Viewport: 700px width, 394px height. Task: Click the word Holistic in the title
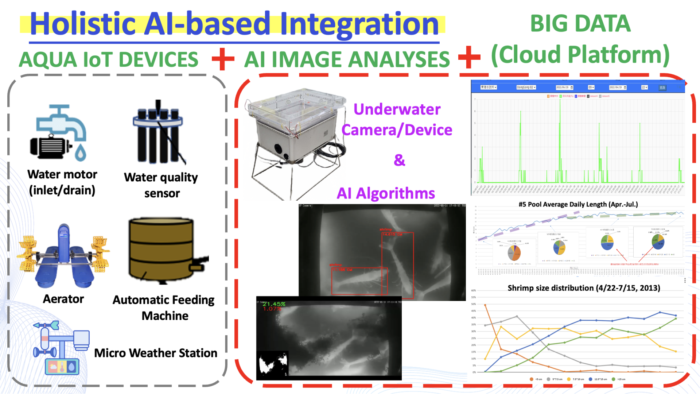pyautogui.click(x=83, y=24)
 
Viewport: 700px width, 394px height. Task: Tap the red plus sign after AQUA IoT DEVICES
pyautogui.click(x=223, y=59)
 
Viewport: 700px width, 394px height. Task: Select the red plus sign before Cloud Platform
pyautogui.click(x=469, y=57)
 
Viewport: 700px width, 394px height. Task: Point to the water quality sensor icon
pyautogui.click(x=159, y=133)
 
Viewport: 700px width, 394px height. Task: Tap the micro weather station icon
pyautogui.click(x=61, y=348)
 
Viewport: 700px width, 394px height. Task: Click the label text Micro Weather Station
pyautogui.click(x=156, y=353)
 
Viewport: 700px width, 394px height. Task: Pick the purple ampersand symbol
pyautogui.click(x=399, y=160)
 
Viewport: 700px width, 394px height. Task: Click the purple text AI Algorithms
pyautogui.click(x=386, y=193)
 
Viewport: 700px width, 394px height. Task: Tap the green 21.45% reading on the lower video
pyautogui.click(x=274, y=304)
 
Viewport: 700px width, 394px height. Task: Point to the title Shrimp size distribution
pyautogui.click(x=584, y=288)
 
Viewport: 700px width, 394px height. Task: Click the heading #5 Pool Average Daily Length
pyautogui.click(x=578, y=204)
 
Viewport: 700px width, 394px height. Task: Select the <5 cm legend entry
pyautogui.click(x=536, y=379)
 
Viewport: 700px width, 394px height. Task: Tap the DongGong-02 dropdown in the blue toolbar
pyautogui.click(x=526, y=88)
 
